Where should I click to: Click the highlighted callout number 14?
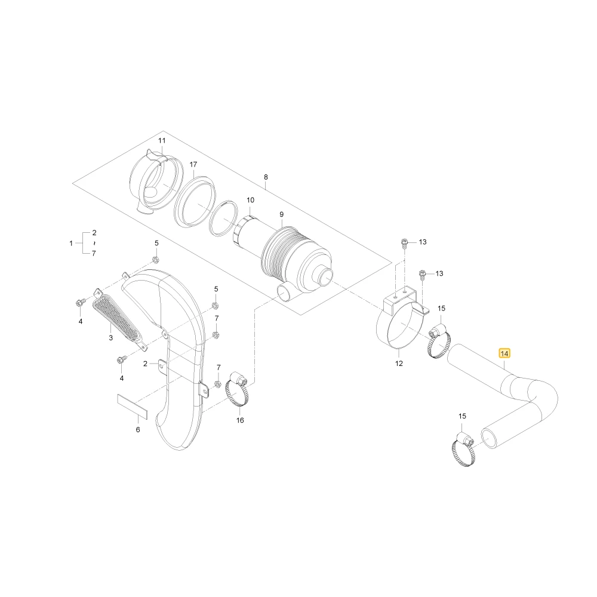point(504,353)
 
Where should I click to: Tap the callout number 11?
point(162,140)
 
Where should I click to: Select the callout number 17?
point(193,165)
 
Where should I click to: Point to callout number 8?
point(266,177)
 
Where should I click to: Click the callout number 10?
point(250,200)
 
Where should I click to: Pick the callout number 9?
point(281,214)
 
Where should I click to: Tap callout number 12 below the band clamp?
point(399,364)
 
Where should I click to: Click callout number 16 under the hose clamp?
point(240,420)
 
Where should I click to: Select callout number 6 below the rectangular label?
point(138,429)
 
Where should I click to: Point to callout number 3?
point(111,338)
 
